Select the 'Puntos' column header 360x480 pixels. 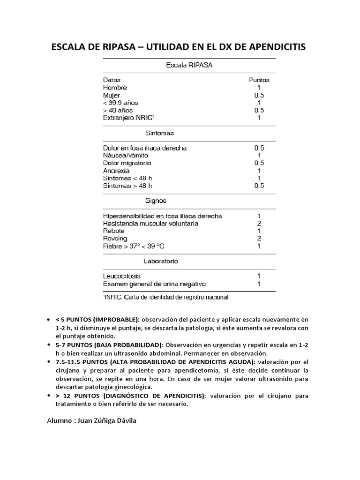click(259, 80)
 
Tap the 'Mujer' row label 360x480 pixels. click(112, 95)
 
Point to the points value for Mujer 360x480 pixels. click(259, 95)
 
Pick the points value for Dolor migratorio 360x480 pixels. click(259, 163)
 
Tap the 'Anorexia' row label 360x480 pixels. click(116, 171)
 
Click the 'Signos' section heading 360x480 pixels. click(156, 201)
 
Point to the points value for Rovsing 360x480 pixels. click(259, 238)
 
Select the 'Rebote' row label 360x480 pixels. click(114, 231)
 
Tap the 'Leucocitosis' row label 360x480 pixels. click(121, 276)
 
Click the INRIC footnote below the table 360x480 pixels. click(166, 297)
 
